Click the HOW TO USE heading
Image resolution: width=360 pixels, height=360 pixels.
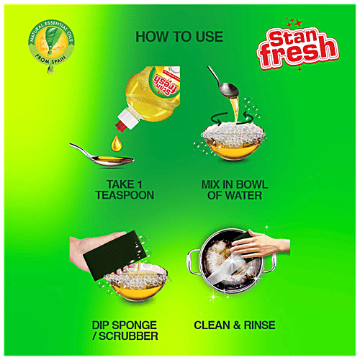(x=179, y=37)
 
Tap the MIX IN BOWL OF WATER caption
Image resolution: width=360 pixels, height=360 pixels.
(x=234, y=189)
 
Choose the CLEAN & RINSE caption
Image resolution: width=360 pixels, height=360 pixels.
(x=234, y=325)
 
